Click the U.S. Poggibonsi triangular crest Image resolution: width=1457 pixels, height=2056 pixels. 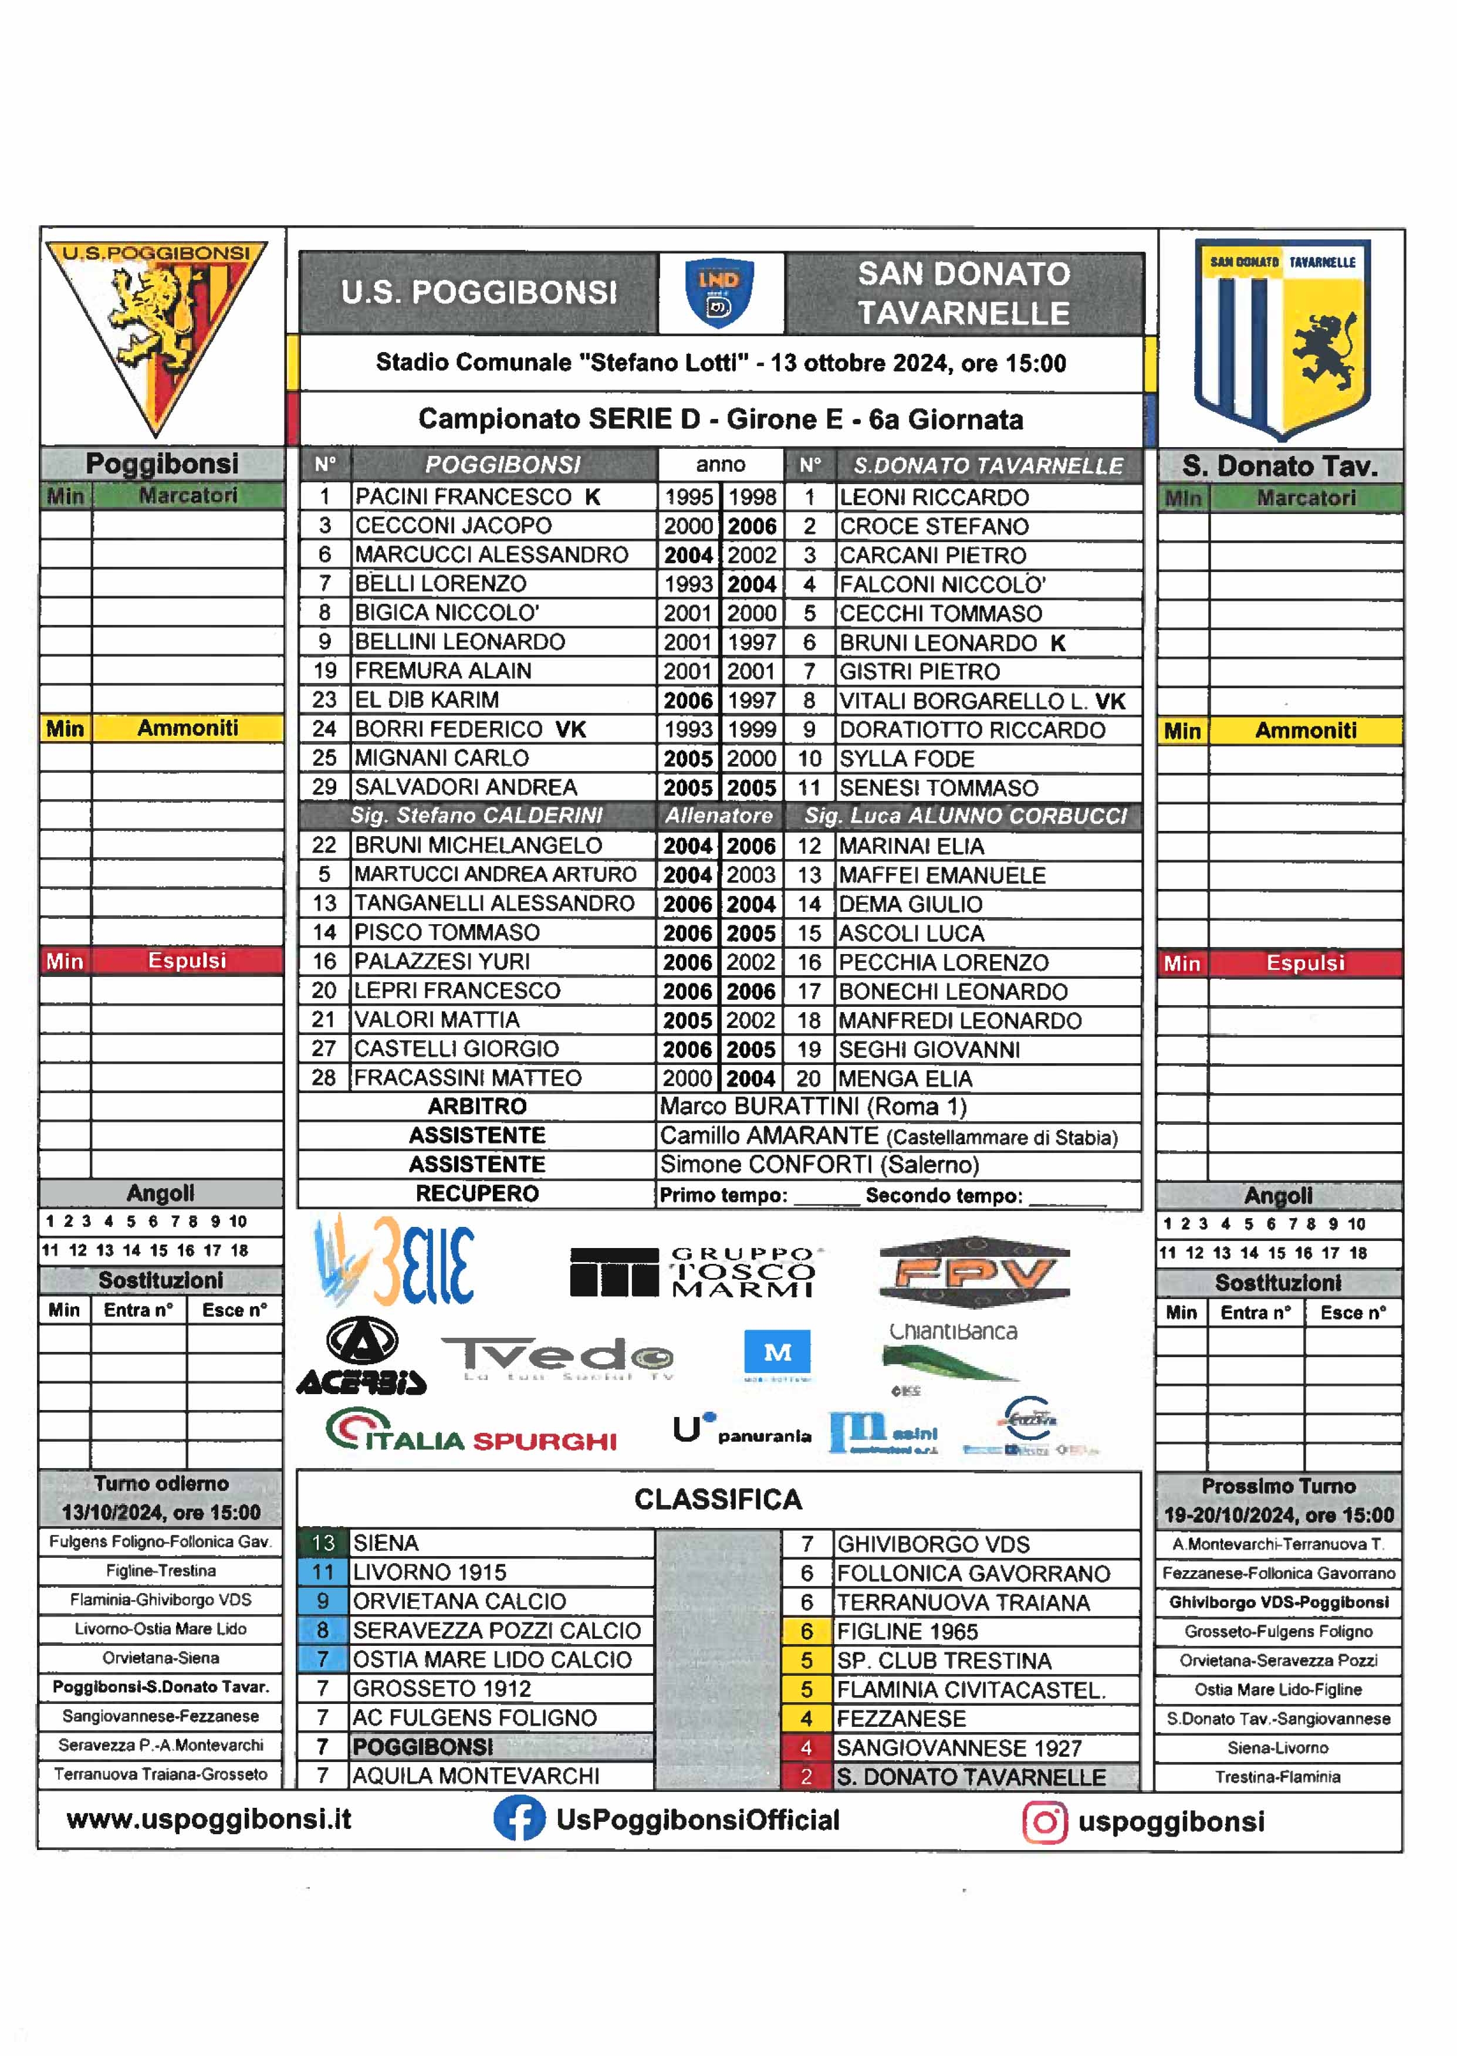click(157, 332)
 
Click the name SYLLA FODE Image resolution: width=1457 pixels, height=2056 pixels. click(906, 759)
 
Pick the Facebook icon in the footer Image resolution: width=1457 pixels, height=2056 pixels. click(519, 1819)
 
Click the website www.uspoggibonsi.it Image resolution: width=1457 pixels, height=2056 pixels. click(209, 1819)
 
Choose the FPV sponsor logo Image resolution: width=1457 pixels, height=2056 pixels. click(974, 1272)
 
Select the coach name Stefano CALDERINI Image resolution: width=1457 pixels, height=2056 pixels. click(477, 816)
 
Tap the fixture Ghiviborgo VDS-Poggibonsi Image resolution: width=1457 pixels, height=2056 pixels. click(1279, 1602)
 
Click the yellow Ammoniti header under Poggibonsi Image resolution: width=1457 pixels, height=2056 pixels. click(161, 728)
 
